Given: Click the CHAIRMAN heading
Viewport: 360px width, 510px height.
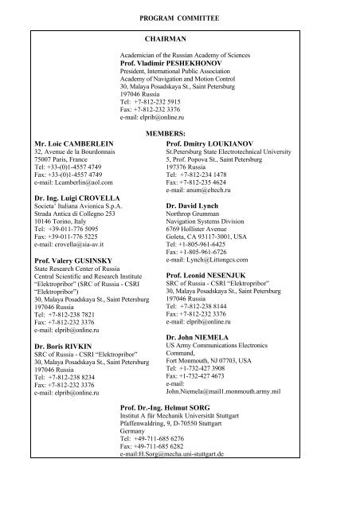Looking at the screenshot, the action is (166, 37).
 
